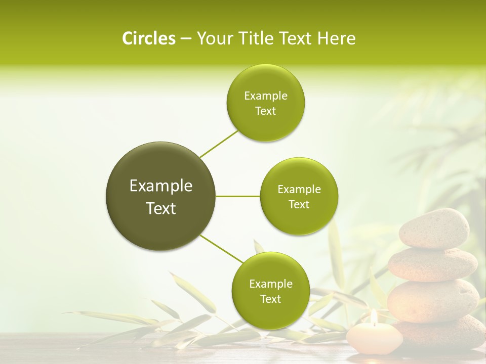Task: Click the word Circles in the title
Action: click(x=148, y=38)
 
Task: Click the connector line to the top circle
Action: click(x=219, y=144)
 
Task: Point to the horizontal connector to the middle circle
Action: click(x=238, y=196)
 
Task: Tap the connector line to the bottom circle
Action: click(x=221, y=249)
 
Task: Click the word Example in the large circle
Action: click(x=160, y=186)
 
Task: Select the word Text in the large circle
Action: click(x=160, y=208)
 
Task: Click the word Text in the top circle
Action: click(x=265, y=111)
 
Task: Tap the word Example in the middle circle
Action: click(x=299, y=190)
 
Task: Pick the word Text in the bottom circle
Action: click(x=270, y=299)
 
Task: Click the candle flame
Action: click(x=374, y=317)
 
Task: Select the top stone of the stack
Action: click(x=434, y=229)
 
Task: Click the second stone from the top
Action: click(x=433, y=264)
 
